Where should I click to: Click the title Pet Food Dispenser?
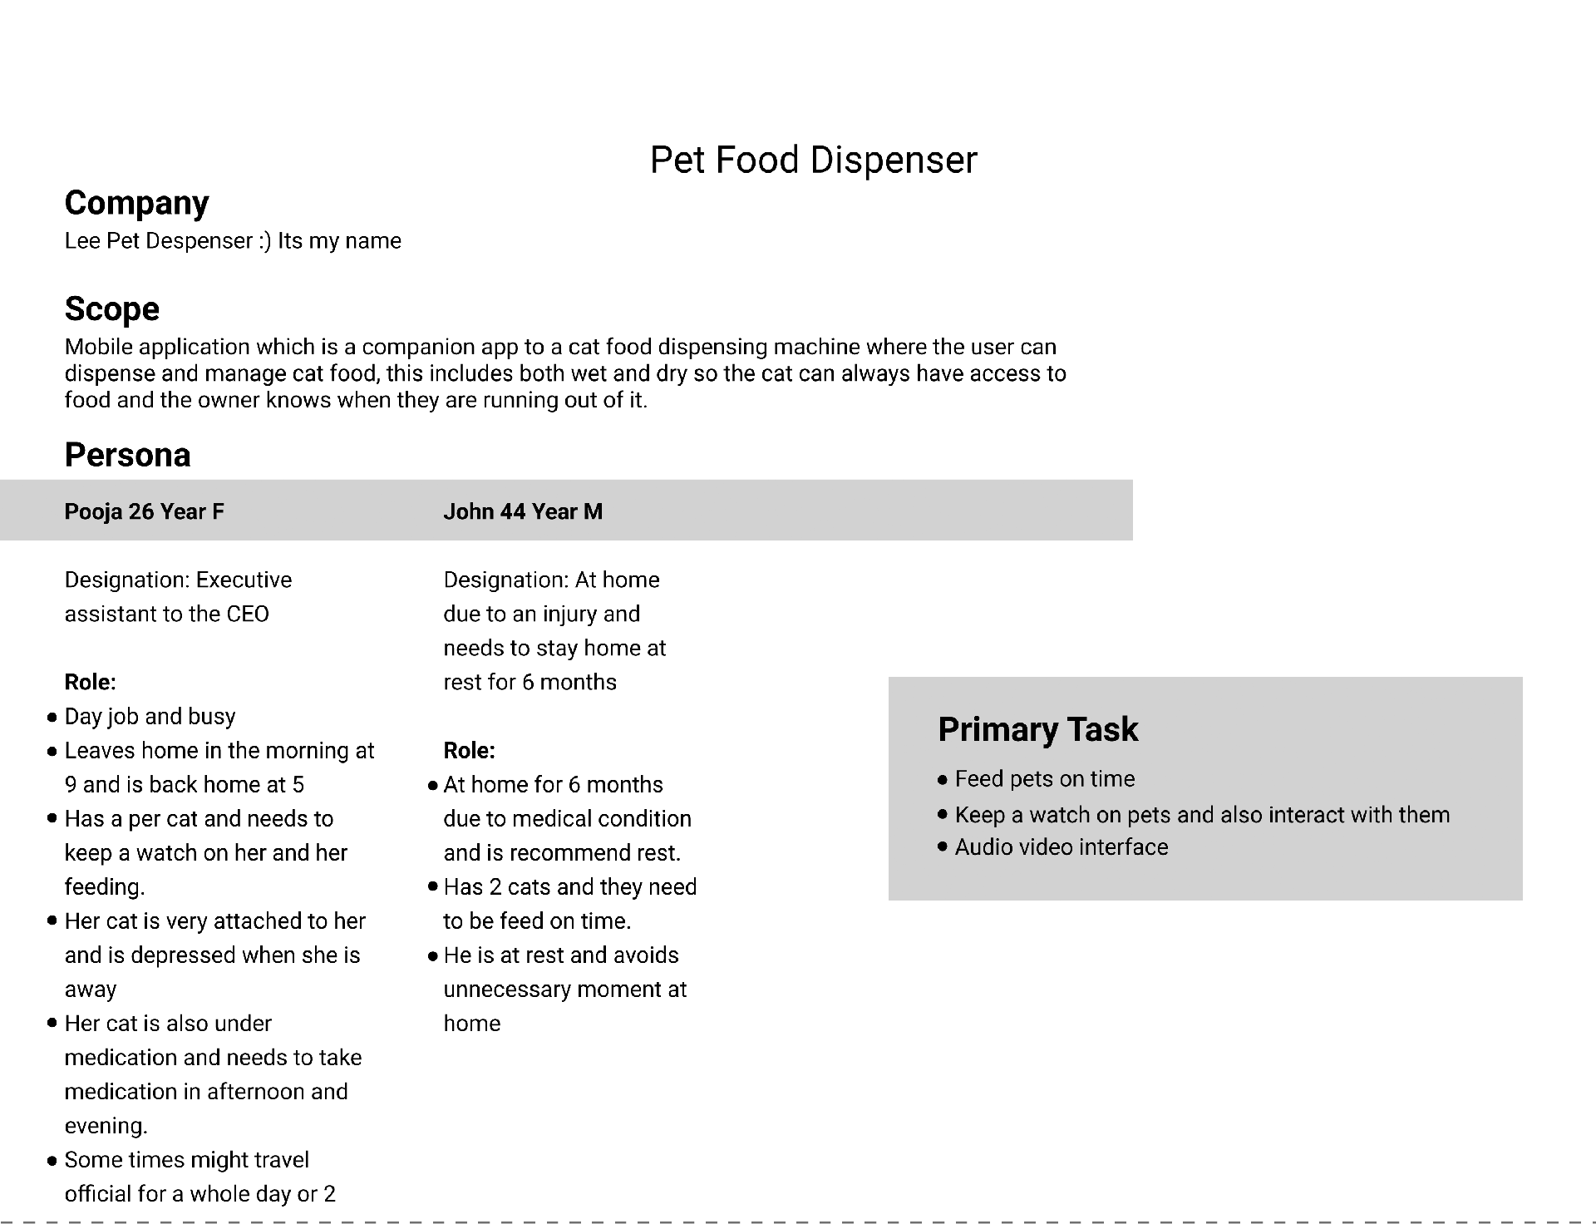(x=813, y=160)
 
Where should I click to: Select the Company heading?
(x=136, y=203)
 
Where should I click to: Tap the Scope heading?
(x=111, y=308)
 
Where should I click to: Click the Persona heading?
(x=127, y=455)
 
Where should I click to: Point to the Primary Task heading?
(x=1037, y=729)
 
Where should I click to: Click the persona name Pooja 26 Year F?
(x=144, y=511)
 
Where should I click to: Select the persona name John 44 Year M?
(x=523, y=511)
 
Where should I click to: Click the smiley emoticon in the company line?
(x=264, y=241)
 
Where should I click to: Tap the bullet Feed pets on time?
(x=1044, y=779)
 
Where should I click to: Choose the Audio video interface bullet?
(x=1061, y=847)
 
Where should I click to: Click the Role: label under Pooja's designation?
(x=90, y=683)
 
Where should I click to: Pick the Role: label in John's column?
(x=469, y=751)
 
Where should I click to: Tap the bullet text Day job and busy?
(x=150, y=717)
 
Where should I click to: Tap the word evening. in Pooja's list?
(x=106, y=1126)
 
